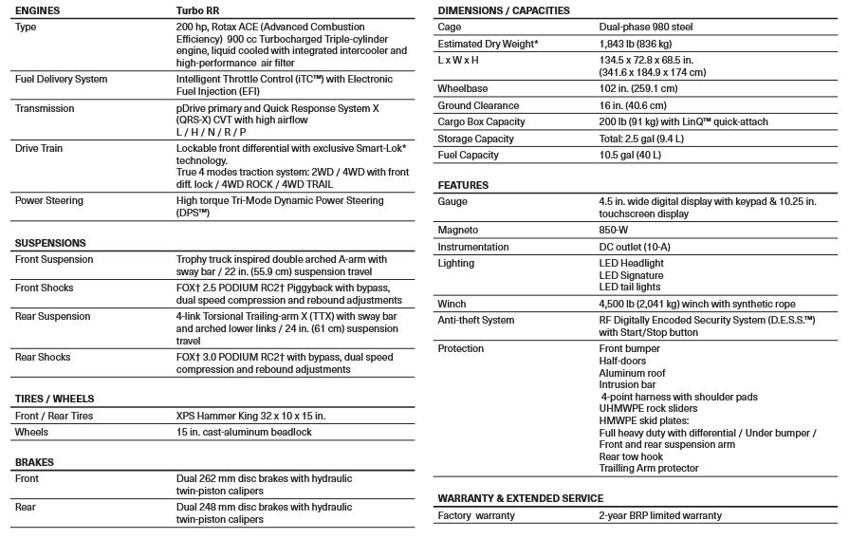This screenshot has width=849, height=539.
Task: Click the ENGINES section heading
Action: [39, 10]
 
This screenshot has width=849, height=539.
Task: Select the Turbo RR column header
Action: [202, 10]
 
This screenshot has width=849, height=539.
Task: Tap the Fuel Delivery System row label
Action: [61, 79]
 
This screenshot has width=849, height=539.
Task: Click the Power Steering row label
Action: [48, 200]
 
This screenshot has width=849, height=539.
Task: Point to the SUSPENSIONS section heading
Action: [50, 243]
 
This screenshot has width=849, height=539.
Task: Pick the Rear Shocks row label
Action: [43, 357]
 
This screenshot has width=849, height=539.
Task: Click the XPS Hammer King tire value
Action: [250, 416]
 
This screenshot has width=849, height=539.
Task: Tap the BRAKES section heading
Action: [34, 462]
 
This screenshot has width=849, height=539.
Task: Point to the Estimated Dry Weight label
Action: [488, 46]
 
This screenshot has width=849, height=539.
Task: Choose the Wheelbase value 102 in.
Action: [638, 89]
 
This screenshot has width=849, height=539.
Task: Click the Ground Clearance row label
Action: [478, 105]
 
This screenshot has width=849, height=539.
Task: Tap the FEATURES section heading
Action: [463, 185]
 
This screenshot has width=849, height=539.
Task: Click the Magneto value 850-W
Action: [617, 231]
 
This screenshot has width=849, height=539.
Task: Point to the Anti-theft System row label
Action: [476, 320]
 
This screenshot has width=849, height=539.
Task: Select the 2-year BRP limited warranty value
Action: [660, 515]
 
